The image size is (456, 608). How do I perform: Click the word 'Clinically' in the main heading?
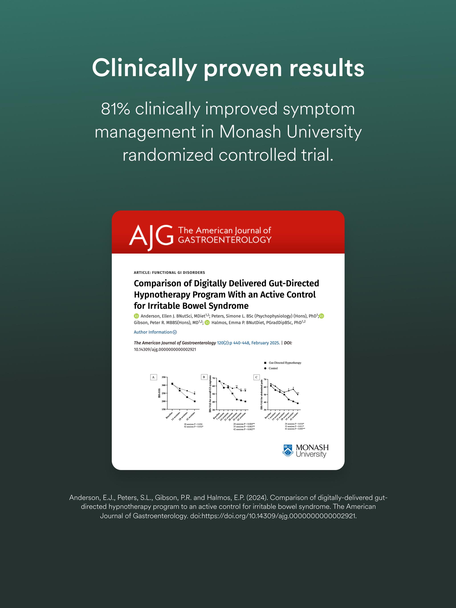pos(144,68)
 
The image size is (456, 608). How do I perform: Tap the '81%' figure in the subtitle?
pos(115,109)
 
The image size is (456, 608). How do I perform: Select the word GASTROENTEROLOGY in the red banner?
pos(224,240)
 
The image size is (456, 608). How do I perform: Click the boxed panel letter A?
pos(153,377)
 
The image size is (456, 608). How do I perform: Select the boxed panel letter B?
pos(204,377)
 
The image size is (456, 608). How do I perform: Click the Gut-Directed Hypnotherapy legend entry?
pos(284,363)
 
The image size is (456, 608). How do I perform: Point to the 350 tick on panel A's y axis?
pos(164,377)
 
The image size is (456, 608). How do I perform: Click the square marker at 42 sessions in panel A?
pos(195,401)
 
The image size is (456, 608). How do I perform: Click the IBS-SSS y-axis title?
pos(159,393)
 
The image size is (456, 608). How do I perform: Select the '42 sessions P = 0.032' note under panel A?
pos(193,427)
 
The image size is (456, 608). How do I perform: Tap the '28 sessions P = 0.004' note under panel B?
pos(244,424)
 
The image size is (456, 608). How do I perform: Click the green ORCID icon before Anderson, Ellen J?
pos(136,316)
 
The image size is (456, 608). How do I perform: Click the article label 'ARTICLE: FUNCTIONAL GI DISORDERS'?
pos(169,272)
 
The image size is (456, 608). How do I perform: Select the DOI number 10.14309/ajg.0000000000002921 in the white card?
pos(165,350)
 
